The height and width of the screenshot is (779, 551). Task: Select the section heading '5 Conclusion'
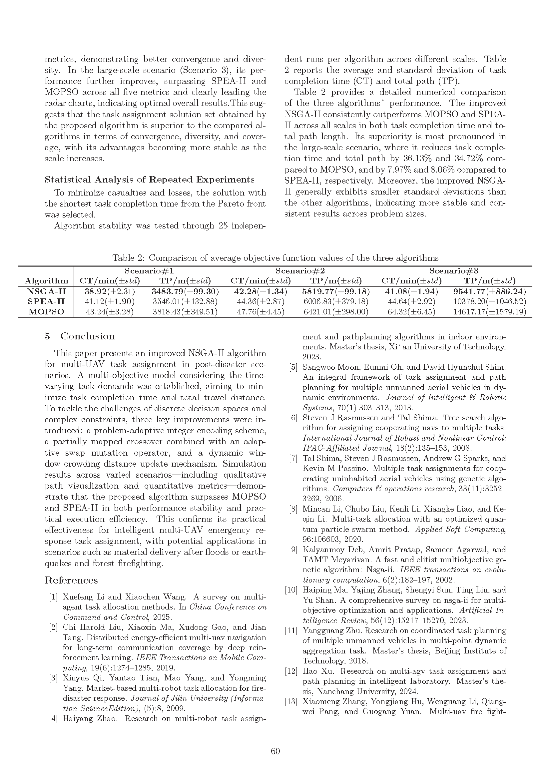click(x=80, y=336)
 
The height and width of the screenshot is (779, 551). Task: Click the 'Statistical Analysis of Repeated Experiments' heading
click(x=150, y=180)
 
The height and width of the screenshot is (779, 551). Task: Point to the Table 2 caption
click(x=275, y=258)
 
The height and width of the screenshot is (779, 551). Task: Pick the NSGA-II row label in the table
click(x=47, y=291)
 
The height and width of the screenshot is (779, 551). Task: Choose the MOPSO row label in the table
click(x=47, y=312)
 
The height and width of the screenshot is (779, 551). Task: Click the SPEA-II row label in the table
click(x=47, y=302)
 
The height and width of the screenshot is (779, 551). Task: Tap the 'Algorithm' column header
click(x=47, y=281)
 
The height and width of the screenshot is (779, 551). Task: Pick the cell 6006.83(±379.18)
click(x=336, y=302)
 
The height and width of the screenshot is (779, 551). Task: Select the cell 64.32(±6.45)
click(x=411, y=312)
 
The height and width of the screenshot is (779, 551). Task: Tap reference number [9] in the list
click(x=293, y=550)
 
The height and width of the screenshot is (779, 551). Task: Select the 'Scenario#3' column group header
click(x=454, y=271)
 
